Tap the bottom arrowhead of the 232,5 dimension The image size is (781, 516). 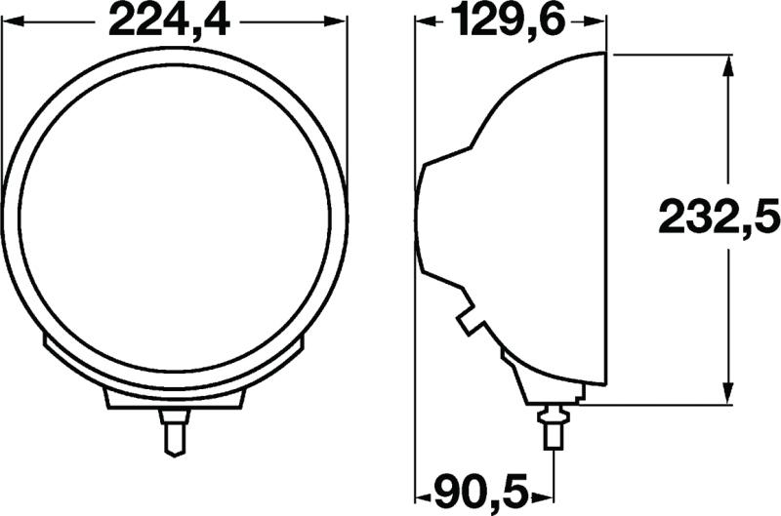(x=727, y=394)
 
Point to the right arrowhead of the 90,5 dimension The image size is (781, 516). (x=545, y=487)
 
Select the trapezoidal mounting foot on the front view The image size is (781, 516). (x=174, y=396)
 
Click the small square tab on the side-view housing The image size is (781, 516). (x=472, y=319)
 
